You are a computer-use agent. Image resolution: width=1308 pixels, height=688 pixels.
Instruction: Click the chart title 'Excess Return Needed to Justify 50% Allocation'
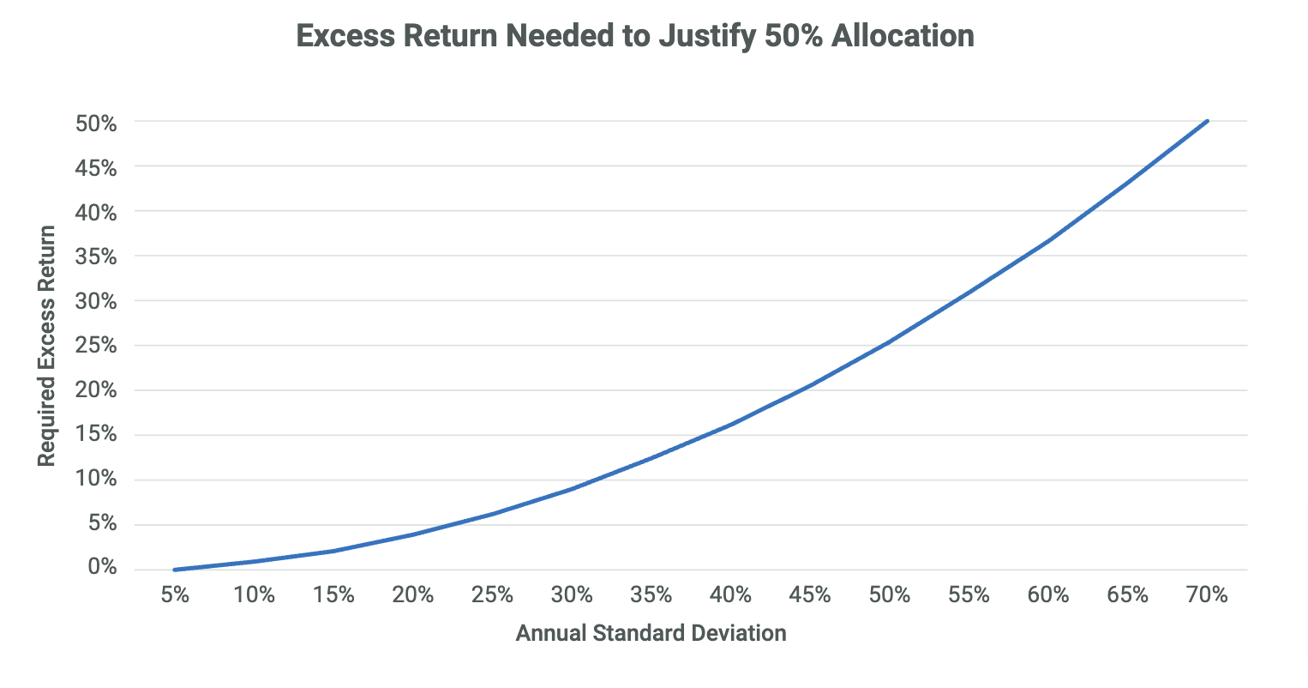point(635,36)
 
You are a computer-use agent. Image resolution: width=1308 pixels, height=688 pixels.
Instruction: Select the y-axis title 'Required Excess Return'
point(46,346)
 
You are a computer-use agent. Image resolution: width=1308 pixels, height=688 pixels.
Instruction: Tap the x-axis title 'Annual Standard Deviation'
point(651,633)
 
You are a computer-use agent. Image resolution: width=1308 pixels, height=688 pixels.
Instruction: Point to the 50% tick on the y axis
point(96,123)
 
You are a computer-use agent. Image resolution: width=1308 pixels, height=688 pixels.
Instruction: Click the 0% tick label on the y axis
point(101,567)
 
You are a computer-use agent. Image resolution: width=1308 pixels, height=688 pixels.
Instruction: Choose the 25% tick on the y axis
point(96,345)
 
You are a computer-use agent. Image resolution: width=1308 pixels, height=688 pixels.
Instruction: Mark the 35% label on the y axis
point(96,256)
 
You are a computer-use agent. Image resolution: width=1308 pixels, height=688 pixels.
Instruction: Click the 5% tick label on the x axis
point(175,594)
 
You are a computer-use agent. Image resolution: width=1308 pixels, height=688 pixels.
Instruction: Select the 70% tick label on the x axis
point(1207,594)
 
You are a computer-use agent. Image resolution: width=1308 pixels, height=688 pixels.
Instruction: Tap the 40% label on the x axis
point(730,594)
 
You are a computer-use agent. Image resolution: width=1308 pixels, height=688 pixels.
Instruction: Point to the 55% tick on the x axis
point(969,594)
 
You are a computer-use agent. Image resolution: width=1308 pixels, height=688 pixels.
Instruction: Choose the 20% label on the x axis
point(413,594)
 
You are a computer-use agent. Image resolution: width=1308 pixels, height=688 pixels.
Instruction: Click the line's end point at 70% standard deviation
point(1207,121)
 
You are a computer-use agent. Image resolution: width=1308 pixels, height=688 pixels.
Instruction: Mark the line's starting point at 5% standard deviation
point(175,569)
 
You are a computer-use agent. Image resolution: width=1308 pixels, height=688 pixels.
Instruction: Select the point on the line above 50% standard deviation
point(889,341)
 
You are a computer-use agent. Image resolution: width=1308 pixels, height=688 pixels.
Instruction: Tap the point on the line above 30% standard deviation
point(572,489)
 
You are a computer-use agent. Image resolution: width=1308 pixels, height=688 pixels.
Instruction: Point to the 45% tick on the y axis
point(96,167)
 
